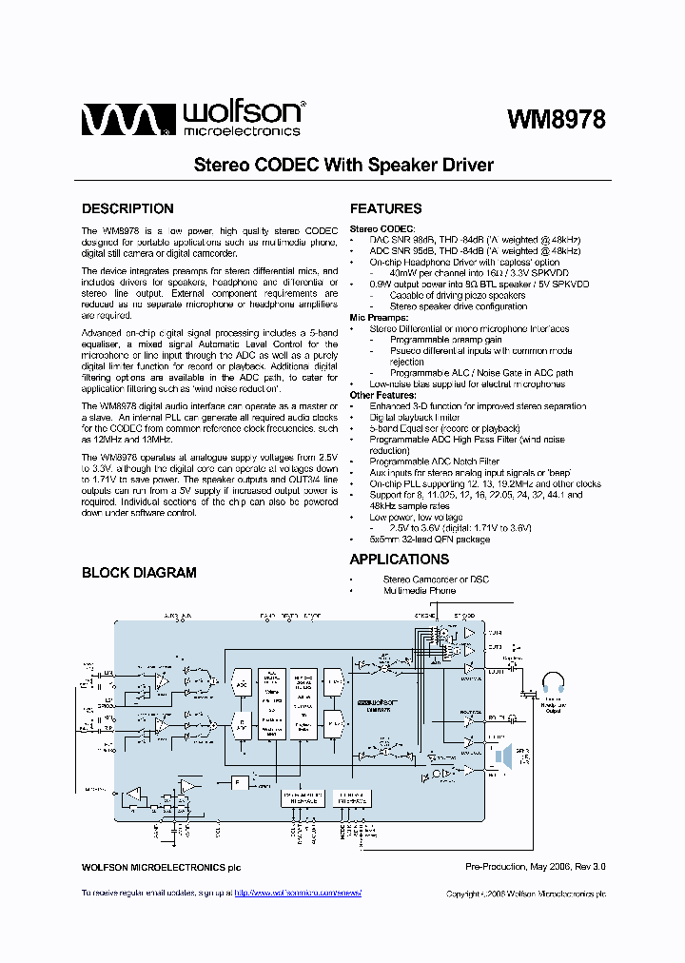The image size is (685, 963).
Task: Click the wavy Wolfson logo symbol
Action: point(125,119)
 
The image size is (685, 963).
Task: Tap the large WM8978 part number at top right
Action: point(557,120)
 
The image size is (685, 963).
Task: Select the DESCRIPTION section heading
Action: point(127,208)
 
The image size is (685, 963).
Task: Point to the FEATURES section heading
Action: point(386,208)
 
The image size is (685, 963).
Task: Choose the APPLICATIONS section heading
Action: point(400,560)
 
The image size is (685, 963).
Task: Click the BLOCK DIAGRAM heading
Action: point(139,573)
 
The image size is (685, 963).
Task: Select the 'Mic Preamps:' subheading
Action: point(379,318)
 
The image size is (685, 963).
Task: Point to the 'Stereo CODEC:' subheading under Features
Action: point(382,229)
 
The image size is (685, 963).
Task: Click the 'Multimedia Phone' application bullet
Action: point(420,591)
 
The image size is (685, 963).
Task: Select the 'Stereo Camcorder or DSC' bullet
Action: point(436,580)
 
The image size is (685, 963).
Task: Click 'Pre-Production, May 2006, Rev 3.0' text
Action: point(535,867)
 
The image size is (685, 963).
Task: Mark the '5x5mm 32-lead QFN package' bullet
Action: point(430,540)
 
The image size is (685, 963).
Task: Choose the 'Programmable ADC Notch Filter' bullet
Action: point(434,462)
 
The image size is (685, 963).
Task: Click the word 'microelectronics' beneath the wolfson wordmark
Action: point(241,131)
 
